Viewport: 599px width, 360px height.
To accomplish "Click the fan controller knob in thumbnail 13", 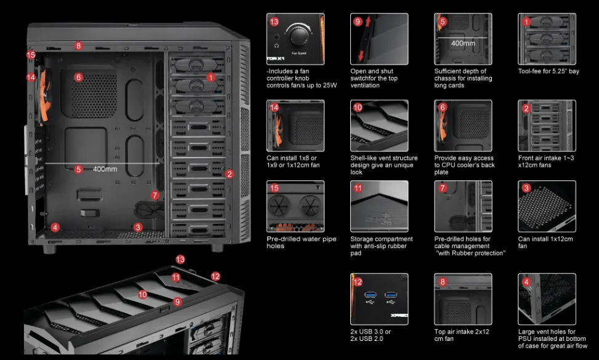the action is click(x=299, y=37).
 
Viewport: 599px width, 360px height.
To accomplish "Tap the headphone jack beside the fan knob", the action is click(x=276, y=38).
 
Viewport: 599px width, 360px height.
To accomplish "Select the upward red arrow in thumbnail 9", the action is click(x=368, y=22).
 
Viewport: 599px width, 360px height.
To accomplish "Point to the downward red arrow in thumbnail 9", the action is click(x=361, y=56).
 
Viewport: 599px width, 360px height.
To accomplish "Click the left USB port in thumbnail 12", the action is click(x=370, y=295).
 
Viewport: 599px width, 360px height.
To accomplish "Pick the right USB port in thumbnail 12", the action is click(x=390, y=295).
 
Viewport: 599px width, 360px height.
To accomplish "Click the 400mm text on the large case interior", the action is click(x=105, y=169).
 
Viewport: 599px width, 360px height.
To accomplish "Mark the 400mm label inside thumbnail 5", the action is click(x=463, y=43).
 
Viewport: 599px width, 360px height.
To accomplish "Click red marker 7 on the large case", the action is click(x=155, y=196).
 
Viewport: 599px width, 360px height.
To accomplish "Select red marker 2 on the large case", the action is click(x=229, y=174).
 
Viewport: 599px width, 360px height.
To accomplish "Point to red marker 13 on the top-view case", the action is click(x=180, y=260).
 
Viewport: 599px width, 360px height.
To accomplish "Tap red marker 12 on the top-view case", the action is click(x=215, y=276).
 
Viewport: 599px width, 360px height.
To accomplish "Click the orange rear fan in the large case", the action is click(x=44, y=94).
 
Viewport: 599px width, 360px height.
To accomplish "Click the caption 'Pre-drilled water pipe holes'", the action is click(x=302, y=242).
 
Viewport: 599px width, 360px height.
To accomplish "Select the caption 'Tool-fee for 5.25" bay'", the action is click(x=549, y=71).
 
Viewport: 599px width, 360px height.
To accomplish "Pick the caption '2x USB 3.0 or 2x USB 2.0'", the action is click(x=371, y=335).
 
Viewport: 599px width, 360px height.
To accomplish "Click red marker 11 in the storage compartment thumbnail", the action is click(x=358, y=188).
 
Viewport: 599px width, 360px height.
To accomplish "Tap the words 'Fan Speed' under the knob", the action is click(x=299, y=53).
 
